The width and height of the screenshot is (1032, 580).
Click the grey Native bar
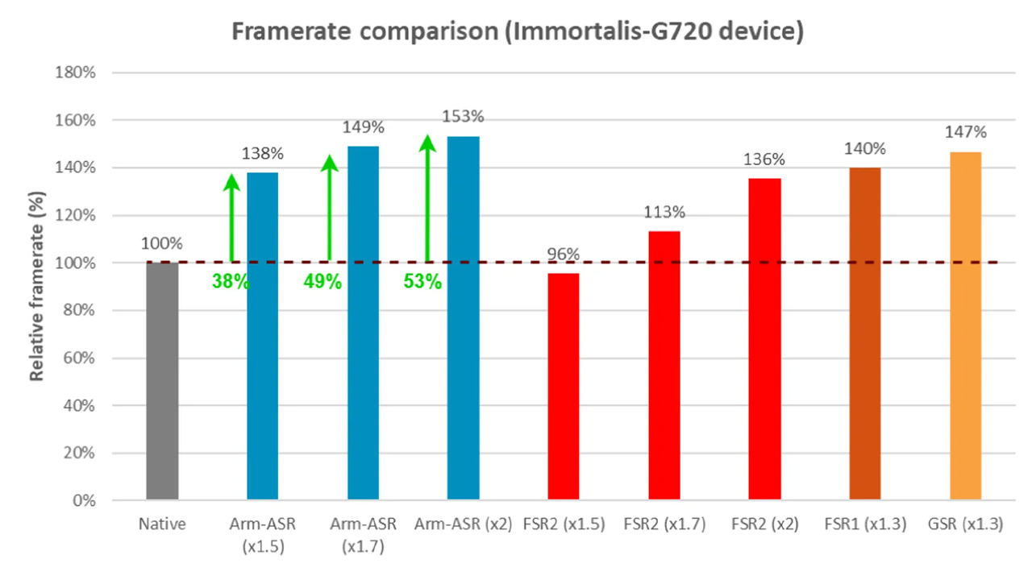coord(162,381)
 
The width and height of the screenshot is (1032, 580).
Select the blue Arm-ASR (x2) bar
coord(463,317)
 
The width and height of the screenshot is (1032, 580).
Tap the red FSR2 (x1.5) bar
coord(564,386)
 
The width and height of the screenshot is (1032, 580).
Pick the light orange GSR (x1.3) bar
coord(966,325)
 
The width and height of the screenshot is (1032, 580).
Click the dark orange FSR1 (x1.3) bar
coord(865,333)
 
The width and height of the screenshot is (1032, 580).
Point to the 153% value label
coord(463,117)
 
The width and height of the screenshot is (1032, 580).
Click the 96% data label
coord(563,254)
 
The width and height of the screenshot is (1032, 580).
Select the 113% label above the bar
coord(664,212)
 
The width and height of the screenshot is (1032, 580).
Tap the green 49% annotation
coord(322,281)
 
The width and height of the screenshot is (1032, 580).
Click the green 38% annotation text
coord(231,281)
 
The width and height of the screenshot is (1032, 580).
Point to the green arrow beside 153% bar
coord(427,198)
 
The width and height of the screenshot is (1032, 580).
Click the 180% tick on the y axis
coord(75,72)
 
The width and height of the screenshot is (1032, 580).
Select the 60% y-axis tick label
coord(79,358)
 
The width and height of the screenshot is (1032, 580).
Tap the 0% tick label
coord(84,500)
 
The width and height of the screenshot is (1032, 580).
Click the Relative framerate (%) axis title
coord(37,286)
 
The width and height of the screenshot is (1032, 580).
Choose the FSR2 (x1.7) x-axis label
coord(664,524)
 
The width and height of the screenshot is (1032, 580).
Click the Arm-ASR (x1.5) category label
coord(263,535)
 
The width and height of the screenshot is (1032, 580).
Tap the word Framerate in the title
coord(291,31)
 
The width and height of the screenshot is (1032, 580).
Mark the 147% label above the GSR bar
coord(966,132)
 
